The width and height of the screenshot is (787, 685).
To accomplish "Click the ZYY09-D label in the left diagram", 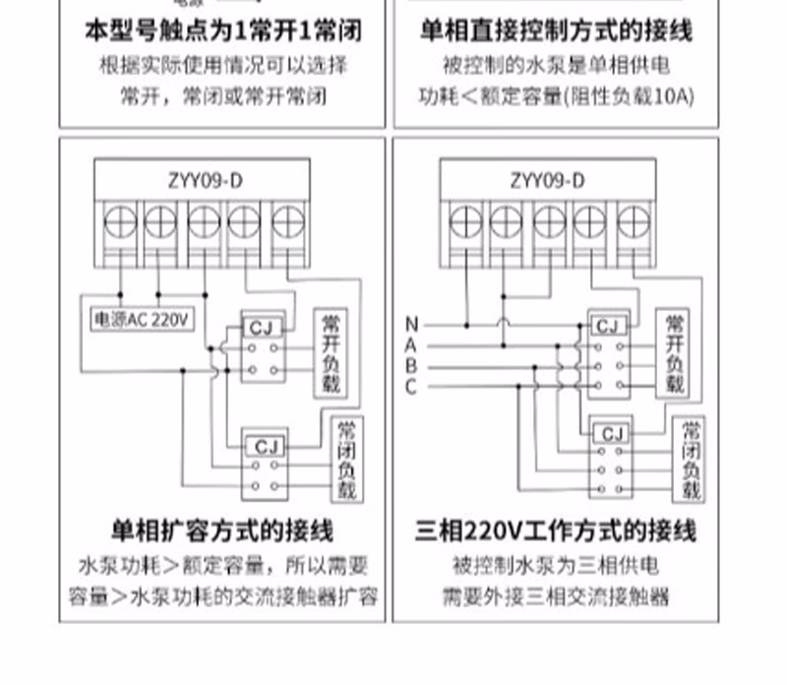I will (206, 180).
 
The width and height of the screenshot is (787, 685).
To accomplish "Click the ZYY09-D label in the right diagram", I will (548, 180).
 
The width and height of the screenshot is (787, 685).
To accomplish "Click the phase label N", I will (411, 325).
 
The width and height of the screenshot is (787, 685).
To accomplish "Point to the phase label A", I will (411, 345).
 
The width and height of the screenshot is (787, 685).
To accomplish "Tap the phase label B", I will (411, 366).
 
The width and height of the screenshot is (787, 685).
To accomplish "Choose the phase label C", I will (411, 387).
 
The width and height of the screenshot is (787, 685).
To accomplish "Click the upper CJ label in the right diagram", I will (609, 326).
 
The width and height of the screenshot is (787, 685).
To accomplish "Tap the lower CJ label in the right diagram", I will (612, 433).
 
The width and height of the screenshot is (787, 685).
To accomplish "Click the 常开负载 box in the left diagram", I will (332, 354).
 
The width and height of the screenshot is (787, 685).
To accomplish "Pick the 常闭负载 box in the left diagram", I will (346, 460).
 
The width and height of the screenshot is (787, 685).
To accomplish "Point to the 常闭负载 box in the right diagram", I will (691, 460).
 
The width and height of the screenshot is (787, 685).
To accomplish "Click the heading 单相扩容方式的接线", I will (222, 531).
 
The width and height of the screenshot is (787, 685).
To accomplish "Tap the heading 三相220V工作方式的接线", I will (556, 531).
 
